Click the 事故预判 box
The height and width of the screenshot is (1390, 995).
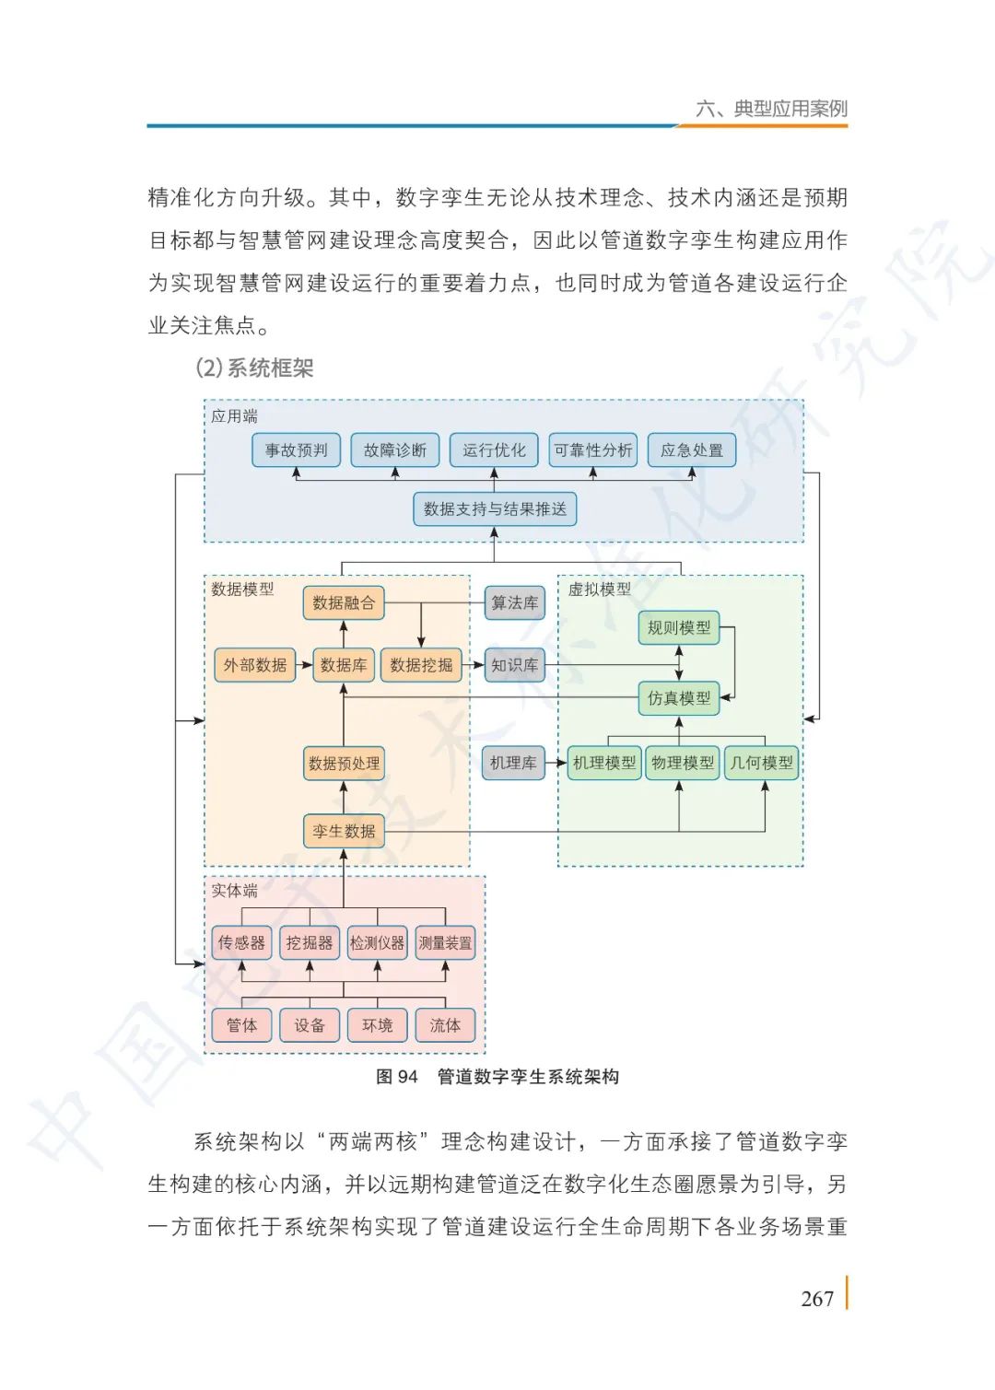pyautogui.click(x=296, y=450)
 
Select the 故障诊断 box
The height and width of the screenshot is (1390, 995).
pyautogui.click(x=394, y=450)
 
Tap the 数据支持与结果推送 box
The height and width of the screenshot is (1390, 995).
pyautogui.click(x=495, y=508)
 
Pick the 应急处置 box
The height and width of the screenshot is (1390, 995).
pyautogui.click(x=692, y=450)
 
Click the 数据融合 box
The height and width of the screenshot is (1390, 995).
pyautogui.click(x=344, y=603)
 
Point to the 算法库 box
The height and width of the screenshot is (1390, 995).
pyautogui.click(x=514, y=603)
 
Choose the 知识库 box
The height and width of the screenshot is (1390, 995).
pyautogui.click(x=514, y=665)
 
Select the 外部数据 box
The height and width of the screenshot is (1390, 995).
pyautogui.click(x=255, y=665)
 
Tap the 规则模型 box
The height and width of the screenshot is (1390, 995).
pyautogui.click(x=679, y=628)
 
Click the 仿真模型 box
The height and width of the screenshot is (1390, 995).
pyautogui.click(x=679, y=698)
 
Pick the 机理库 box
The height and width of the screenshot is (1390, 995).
pyautogui.click(x=513, y=763)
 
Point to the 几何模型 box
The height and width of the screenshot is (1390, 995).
pyautogui.click(x=761, y=763)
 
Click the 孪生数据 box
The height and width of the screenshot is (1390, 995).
pyautogui.click(x=344, y=831)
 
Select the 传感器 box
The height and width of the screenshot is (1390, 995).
pyautogui.click(x=241, y=942)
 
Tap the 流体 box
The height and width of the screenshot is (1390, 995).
pyautogui.click(x=445, y=1025)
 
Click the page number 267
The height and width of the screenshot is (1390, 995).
pyautogui.click(x=817, y=1299)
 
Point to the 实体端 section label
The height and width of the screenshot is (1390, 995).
pyautogui.click(x=234, y=891)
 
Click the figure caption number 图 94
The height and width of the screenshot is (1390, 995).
pyautogui.click(x=397, y=1077)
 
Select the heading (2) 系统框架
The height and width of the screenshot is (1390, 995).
pyautogui.click(x=254, y=368)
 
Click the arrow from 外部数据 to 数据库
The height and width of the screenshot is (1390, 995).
pyautogui.click(x=304, y=665)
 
